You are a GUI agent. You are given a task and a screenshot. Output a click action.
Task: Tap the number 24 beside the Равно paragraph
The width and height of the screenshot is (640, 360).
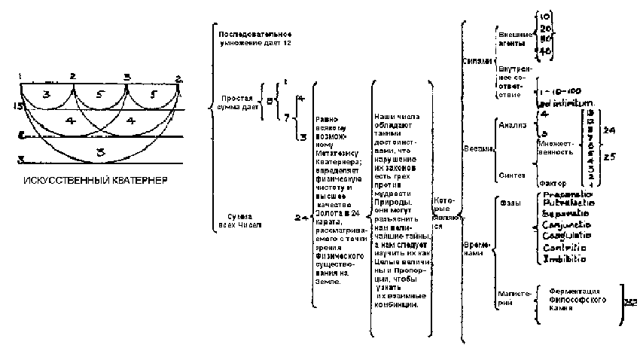tap(300, 218)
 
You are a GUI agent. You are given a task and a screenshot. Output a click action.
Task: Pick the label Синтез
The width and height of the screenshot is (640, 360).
tap(511, 175)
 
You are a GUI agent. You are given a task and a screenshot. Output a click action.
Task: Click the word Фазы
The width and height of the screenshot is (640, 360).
tap(509, 203)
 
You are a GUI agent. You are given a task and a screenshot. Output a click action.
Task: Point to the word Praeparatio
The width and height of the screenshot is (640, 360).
tap(567, 194)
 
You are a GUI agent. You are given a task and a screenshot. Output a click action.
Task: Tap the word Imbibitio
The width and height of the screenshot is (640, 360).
tap(563, 259)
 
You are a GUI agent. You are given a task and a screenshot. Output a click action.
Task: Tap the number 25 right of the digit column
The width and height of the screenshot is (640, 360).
tap(611, 157)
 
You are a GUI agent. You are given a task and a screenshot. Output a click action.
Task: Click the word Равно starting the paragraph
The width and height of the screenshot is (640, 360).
tap(327, 117)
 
